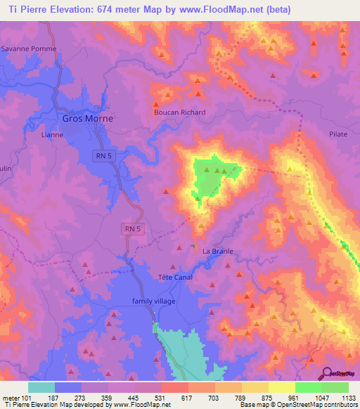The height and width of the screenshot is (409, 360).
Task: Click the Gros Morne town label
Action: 88,119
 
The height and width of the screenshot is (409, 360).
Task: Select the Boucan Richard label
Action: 179,112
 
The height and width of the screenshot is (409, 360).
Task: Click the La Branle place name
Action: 217,252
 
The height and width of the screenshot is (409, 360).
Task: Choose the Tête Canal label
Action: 172,277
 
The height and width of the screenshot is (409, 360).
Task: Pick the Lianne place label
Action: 53,134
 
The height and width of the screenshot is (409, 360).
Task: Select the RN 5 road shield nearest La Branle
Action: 132,228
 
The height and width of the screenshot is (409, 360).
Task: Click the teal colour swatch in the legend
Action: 41,387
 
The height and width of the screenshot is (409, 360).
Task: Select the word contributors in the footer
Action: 340,405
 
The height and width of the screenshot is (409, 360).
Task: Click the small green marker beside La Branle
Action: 192,246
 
